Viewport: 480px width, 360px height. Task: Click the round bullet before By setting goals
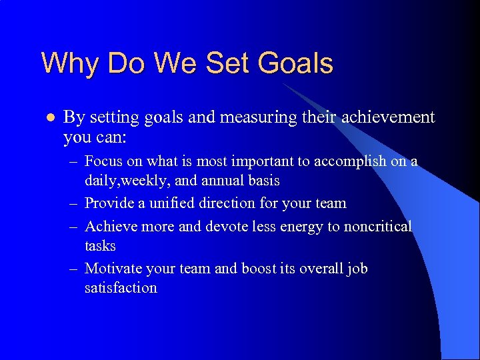click(x=47, y=118)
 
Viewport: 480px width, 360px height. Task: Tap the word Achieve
click(x=109, y=227)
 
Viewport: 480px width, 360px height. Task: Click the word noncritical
click(x=378, y=227)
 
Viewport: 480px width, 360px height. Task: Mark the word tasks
click(x=100, y=246)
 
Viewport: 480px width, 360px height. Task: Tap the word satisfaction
click(x=121, y=288)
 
